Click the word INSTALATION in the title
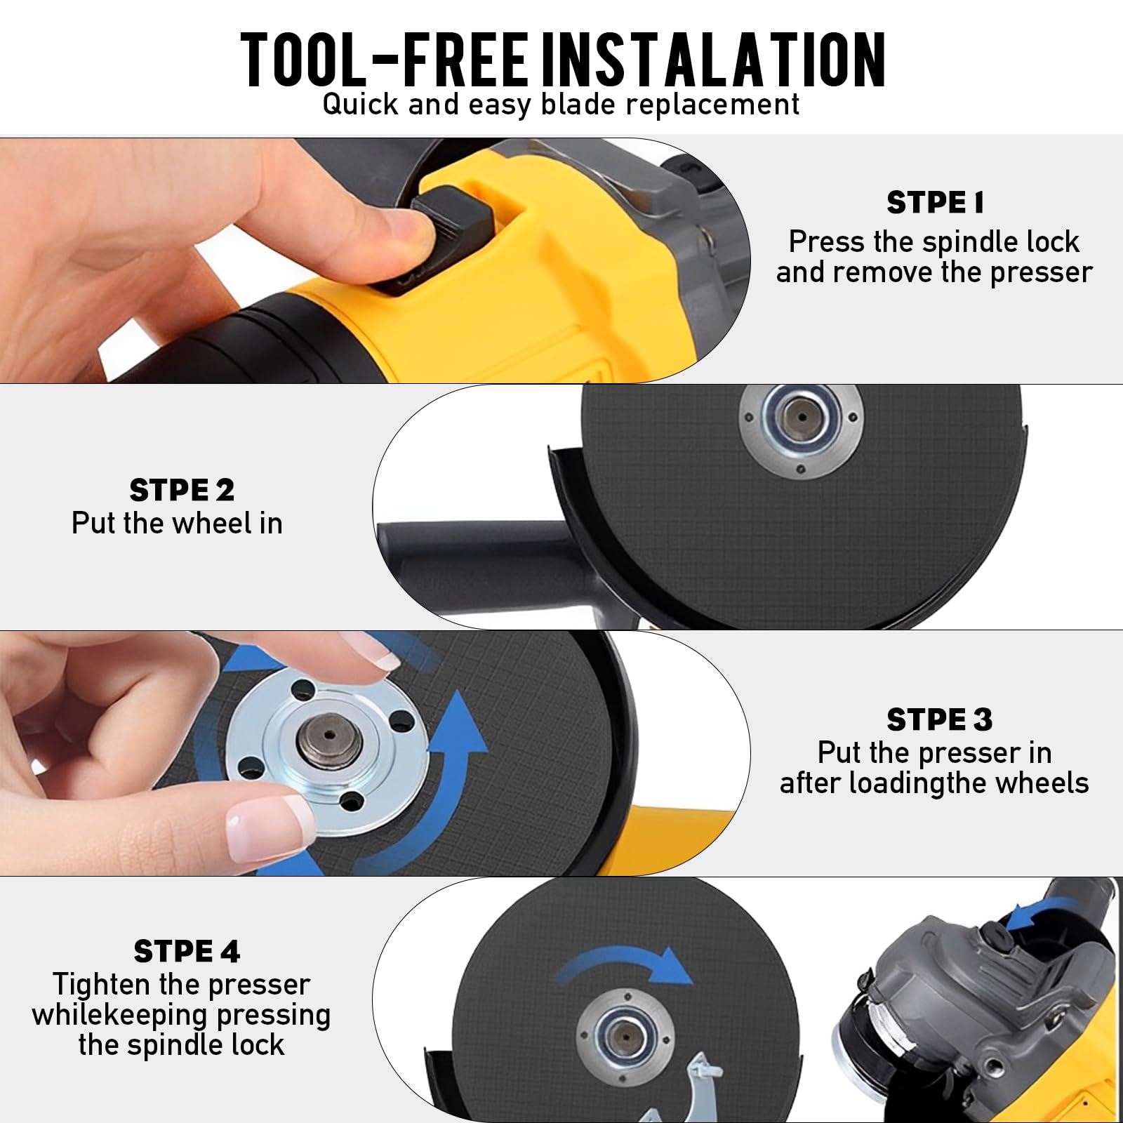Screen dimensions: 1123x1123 714,59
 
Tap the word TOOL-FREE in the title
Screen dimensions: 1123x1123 384,59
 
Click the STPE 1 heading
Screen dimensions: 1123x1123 935,203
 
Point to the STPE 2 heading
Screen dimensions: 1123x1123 182,490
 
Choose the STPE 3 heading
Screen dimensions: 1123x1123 939,719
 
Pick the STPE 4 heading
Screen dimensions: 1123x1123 187,952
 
